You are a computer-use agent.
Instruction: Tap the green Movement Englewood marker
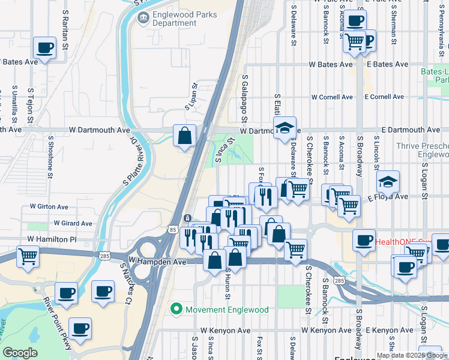pyautogui.click(x=176, y=310)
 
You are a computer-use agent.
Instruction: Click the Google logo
pyautogui.click(x=20, y=353)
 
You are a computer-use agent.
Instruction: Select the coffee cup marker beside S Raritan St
pyautogui.click(x=44, y=47)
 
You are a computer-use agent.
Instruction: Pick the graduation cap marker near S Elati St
pyautogui.click(x=285, y=127)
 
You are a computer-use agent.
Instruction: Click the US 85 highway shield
pyautogui.click(x=172, y=229)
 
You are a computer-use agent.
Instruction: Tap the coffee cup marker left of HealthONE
pyautogui.click(x=364, y=240)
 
